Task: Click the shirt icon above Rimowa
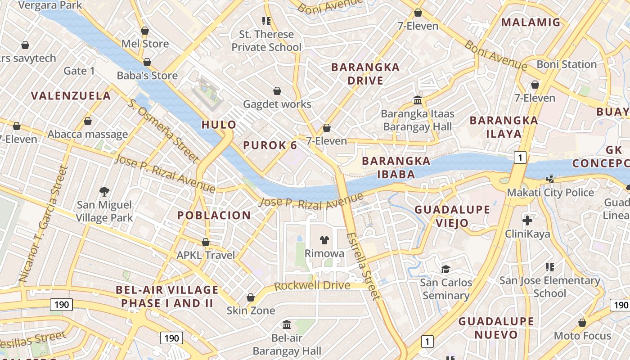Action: (x=324, y=240)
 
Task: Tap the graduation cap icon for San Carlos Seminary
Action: (x=445, y=269)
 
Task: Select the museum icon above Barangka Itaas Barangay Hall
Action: (x=417, y=100)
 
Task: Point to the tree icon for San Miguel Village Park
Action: (x=104, y=192)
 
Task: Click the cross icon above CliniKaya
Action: (x=527, y=220)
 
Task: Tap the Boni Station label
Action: (x=567, y=64)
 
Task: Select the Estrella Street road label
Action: (x=364, y=266)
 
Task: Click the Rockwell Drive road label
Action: (x=312, y=286)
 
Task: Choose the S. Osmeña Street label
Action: (x=163, y=130)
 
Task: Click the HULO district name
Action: (x=219, y=125)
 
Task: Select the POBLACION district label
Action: (x=214, y=216)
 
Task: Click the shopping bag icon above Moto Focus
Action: (x=582, y=323)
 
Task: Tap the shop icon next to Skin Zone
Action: (x=251, y=297)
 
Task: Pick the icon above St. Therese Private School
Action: (x=266, y=21)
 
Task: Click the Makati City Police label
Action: (x=550, y=193)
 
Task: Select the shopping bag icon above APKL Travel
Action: (x=206, y=242)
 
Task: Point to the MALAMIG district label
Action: (x=531, y=22)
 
